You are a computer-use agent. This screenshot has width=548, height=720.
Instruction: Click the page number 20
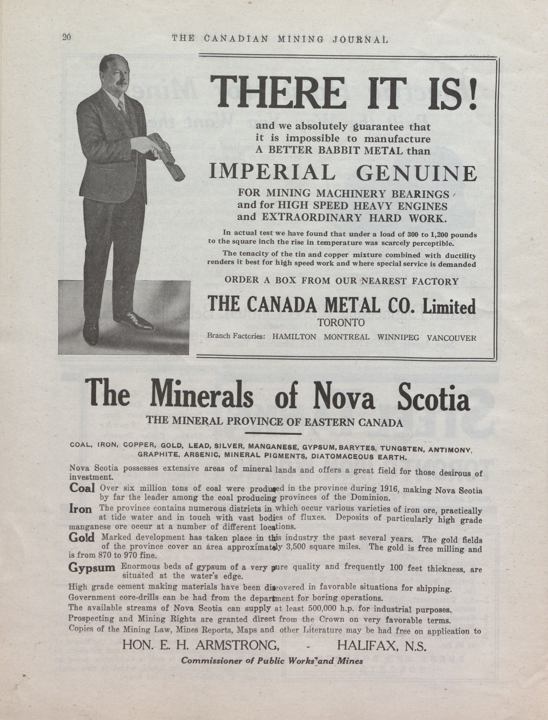(67, 37)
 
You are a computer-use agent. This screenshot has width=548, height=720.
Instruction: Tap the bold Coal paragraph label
(82, 488)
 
